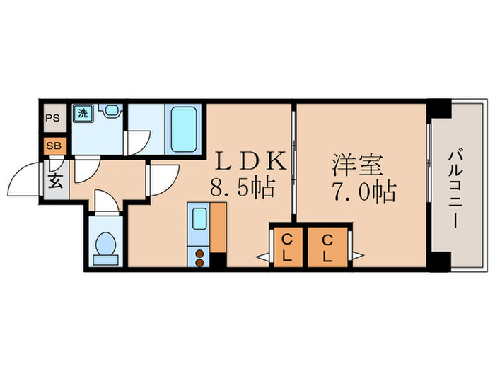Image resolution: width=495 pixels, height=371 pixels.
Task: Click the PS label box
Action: coord(53,118)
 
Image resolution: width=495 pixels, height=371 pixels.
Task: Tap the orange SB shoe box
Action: coord(53,146)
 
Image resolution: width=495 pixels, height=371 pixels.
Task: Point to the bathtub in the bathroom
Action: coord(185,128)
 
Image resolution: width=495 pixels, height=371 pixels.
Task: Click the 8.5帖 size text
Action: coord(240,189)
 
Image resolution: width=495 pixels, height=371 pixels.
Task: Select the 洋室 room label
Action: coord(358,164)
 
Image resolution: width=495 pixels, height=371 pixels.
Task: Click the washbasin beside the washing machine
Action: coord(109,112)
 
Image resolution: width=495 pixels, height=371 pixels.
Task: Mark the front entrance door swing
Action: coord(26,179)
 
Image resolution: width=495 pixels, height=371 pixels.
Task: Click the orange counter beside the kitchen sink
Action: coord(219,226)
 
